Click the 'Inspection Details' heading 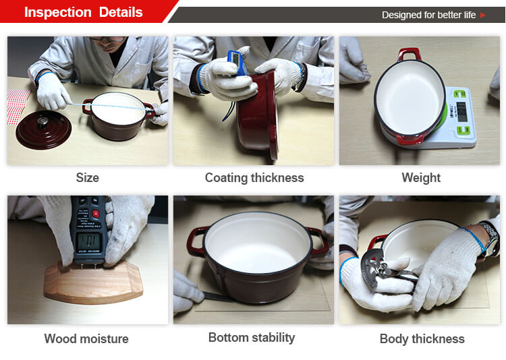[83, 12]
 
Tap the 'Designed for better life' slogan [428, 15]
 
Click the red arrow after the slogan [483, 15]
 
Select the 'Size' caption [88, 178]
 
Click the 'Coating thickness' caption [254, 178]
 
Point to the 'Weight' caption [421, 178]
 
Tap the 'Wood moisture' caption [86, 338]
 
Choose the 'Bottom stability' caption [252, 338]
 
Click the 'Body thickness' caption [422, 339]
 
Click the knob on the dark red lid [43, 121]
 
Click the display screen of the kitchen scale [461, 111]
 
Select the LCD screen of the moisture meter [89, 241]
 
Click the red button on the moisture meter [96, 214]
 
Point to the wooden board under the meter [93, 282]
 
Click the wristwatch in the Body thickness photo [490, 239]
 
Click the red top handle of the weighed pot [410, 54]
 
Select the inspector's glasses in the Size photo [107, 39]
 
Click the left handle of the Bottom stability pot [194, 241]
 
